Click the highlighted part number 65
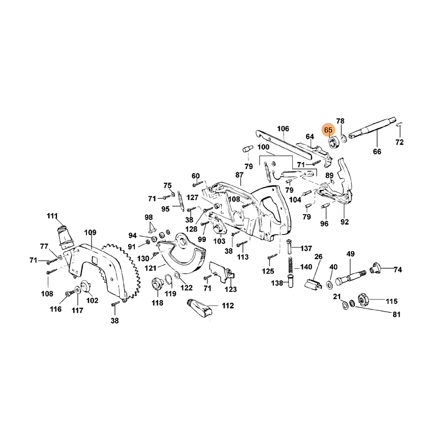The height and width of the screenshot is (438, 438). click(x=328, y=130)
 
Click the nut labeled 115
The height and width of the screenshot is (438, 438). click(x=362, y=299)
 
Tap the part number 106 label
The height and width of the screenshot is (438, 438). click(x=283, y=129)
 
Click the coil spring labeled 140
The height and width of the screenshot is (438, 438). click(x=290, y=268)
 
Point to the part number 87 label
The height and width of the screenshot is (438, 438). click(x=239, y=175)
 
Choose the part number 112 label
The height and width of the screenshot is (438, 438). click(x=228, y=306)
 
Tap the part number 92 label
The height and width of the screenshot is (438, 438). click(x=344, y=223)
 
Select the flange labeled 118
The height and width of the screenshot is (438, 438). click(x=157, y=284)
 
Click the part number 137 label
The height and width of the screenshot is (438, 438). click(x=306, y=249)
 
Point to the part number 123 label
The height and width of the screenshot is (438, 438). click(x=232, y=290)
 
